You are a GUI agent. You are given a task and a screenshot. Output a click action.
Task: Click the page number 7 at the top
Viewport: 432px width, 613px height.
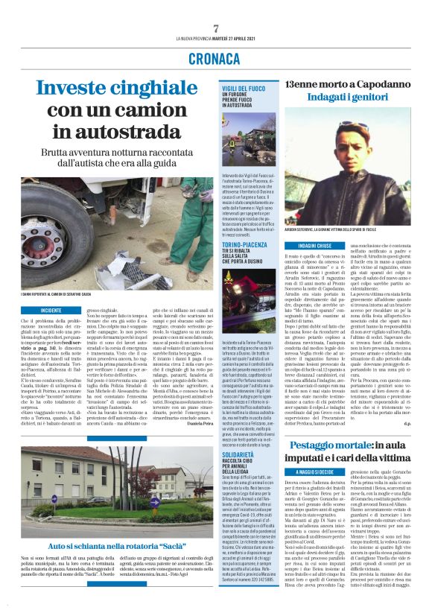[216, 28]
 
